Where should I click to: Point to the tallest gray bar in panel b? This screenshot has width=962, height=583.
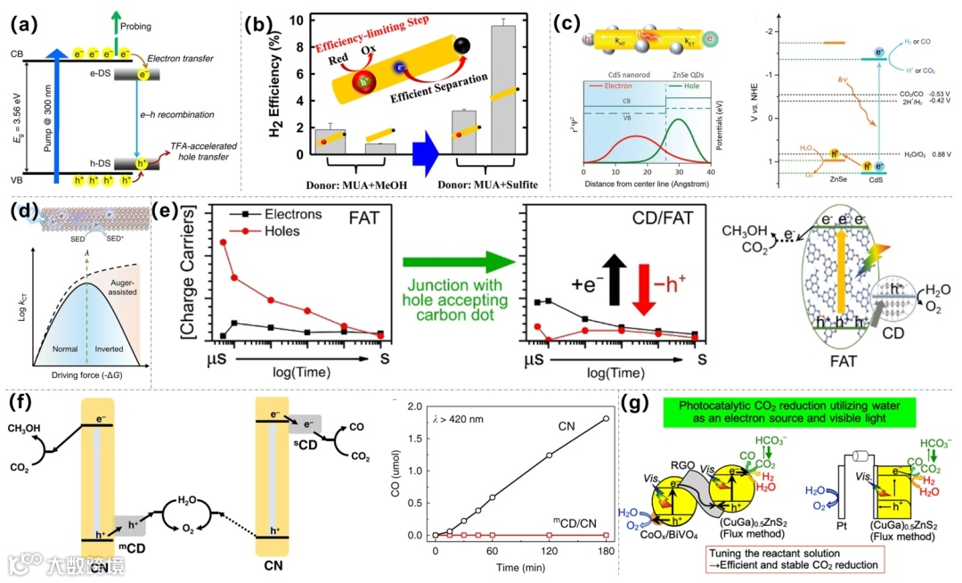tap(503, 90)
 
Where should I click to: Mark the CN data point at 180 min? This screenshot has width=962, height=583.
tap(607, 418)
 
